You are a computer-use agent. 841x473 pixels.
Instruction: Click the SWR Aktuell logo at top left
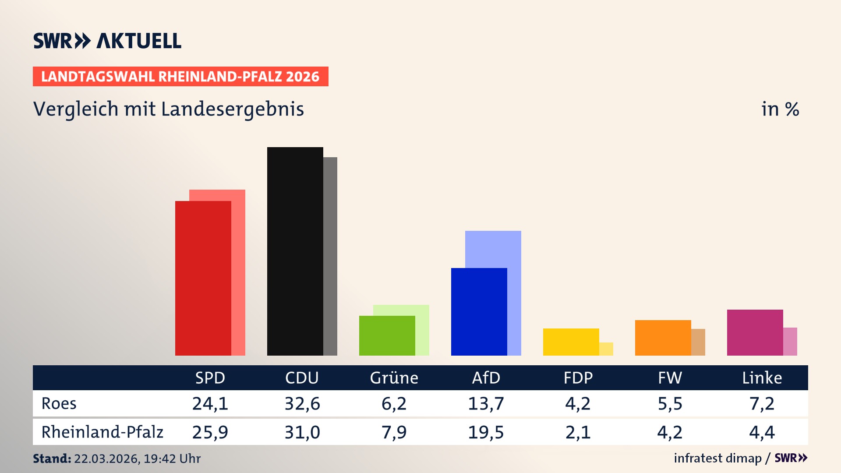point(107,41)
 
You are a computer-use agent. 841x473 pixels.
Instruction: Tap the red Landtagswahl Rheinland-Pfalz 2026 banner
point(180,77)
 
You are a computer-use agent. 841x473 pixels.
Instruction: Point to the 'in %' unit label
point(780,109)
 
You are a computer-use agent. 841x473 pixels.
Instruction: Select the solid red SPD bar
point(203,278)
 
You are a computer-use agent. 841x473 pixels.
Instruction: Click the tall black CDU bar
point(295,251)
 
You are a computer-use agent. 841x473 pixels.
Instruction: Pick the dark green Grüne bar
point(387,335)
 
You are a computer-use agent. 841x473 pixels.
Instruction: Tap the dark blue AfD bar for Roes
point(479,311)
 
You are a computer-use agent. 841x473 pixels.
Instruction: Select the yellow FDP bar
point(571,342)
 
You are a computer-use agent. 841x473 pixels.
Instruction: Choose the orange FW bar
point(663,338)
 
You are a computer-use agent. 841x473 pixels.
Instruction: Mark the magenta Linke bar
point(755,332)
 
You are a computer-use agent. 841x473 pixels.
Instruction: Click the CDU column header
point(302,378)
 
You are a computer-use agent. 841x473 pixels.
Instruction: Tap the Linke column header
point(762,378)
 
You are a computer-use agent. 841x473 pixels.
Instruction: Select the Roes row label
point(59,403)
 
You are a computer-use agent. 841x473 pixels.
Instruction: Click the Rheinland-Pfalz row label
point(102,432)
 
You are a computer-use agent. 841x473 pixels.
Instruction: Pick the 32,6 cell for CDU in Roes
point(302,403)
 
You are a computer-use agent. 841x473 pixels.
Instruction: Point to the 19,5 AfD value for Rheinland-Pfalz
point(486,432)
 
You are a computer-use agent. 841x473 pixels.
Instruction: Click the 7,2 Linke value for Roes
point(762,403)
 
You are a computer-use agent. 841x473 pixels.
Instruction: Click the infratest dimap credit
point(717,458)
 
